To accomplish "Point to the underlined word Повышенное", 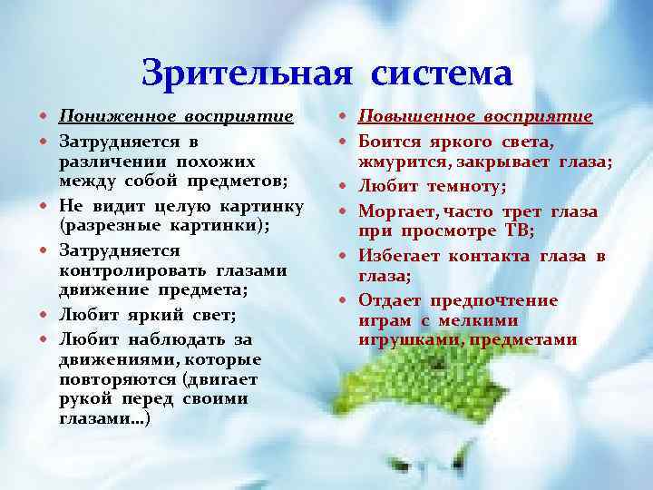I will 414,117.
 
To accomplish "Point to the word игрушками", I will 401,341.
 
